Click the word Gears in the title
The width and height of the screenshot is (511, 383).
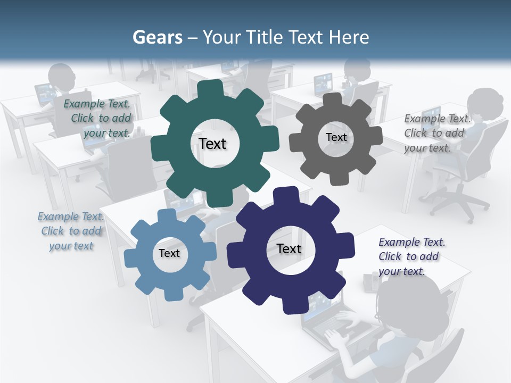point(158,37)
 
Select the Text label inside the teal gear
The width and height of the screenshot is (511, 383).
point(212,144)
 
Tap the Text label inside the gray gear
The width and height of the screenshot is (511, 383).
point(336,137)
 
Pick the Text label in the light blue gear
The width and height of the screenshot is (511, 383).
point(169,253)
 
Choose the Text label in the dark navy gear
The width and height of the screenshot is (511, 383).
point(289,249)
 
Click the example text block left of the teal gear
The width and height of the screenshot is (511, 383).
point(98,119)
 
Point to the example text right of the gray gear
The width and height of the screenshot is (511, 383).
point(437,133)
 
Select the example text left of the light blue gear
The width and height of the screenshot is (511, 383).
point(71,231)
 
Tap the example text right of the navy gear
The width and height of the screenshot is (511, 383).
point(411,256)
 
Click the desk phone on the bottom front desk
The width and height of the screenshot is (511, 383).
point(369,281)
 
